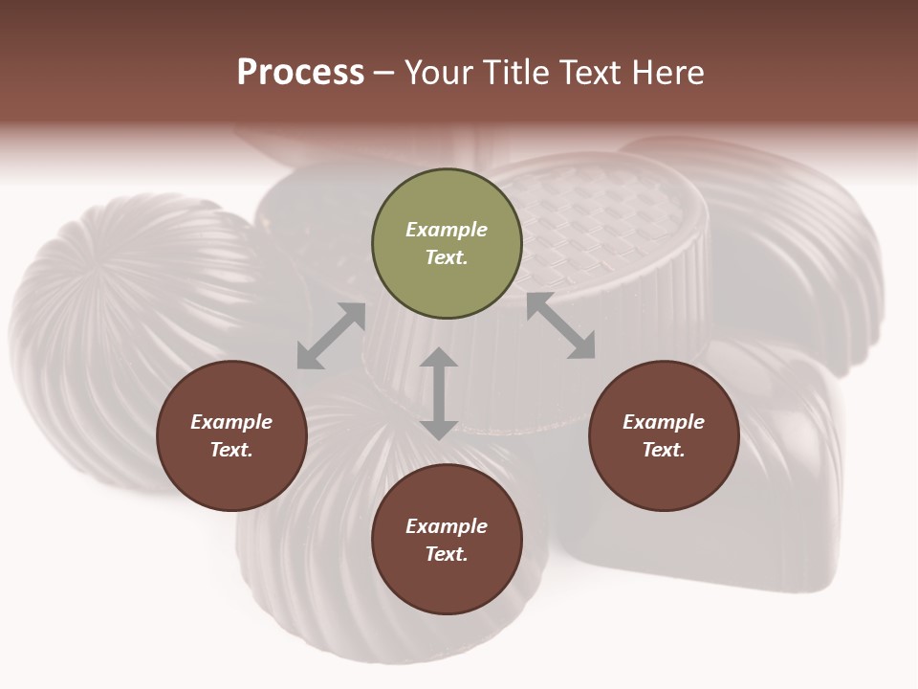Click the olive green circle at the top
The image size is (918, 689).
pos(447,244)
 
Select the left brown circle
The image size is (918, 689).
pos(231,435)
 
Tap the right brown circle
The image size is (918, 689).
pos(664,435)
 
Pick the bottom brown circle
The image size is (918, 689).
pos(447,540)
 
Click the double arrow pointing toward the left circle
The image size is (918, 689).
pos(331,336)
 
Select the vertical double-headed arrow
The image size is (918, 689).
pos(439,393)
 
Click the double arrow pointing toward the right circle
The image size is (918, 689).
pos(561,326)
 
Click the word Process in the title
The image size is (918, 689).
pos(300,72)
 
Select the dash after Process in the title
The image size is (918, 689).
pos(384,73)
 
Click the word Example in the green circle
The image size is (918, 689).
pos(447,230)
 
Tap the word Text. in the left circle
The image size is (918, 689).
pos(231,450)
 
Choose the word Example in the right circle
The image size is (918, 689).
pos(664,422)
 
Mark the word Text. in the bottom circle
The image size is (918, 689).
pos(447,554)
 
